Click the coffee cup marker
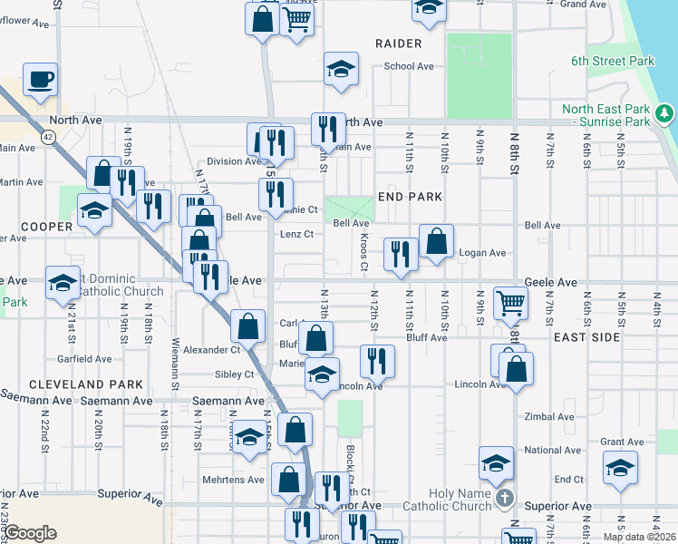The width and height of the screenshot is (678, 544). pyautogui.click(x=39, y=80)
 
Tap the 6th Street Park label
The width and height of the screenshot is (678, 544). pyautogui.click(x=612, y=62)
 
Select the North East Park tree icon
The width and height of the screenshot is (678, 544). pyautogui.click(x=665, y=113)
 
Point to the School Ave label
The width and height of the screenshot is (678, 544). pyautogui.click(x=409, y=66)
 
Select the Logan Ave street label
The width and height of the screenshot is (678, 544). pyautogui.click(x=482, y=253)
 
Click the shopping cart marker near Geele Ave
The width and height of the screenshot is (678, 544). pyautogui.click(x=511, y=304)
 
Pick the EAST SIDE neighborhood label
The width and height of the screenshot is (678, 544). pyautogui.click(x=586, y=337)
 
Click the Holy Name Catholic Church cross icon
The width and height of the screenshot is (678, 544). pyautogui.click(x=506, y=498)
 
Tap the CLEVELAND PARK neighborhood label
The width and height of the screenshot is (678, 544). pyautogui.click(x=74, y=384)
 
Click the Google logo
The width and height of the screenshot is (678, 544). pyautogui.click(x=29, y=533)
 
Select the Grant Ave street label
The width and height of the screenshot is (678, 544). pyautogui.click(x=622, y=442)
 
